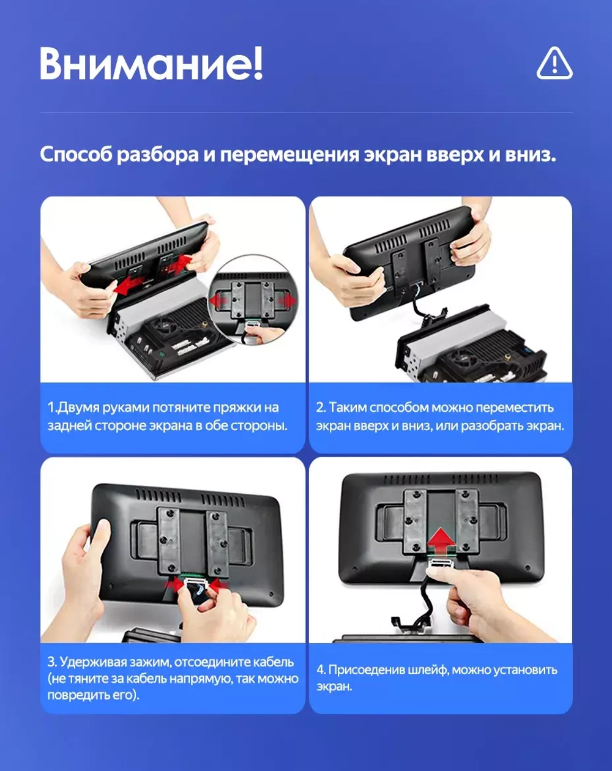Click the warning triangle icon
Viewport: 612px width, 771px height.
(554, 63)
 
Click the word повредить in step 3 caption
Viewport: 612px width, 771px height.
(75, 696)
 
